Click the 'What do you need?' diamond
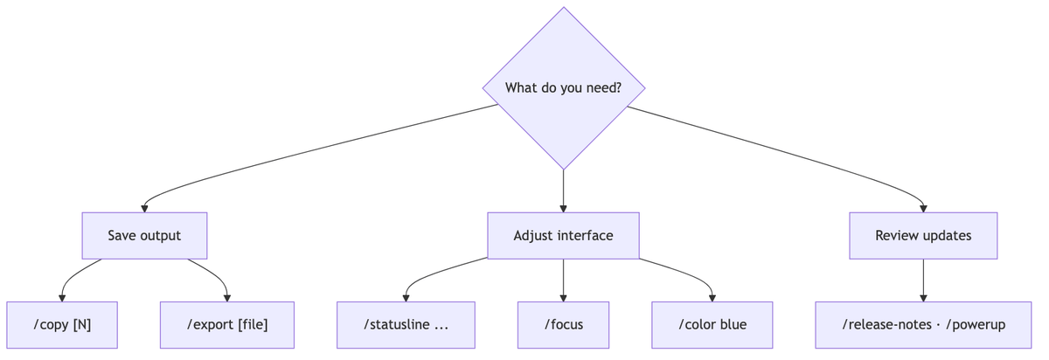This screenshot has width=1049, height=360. point(563,88)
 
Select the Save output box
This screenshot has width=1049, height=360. point(144,235)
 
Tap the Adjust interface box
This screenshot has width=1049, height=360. point(563,235)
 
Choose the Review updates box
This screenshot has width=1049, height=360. point(923,235)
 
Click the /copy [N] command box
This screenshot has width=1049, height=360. point(62,325)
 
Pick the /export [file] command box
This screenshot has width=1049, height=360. point(227,325)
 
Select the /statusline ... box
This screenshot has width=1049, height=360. point(406,325)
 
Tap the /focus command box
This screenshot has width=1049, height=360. point(563,325)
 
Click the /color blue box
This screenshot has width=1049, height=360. point(712,325)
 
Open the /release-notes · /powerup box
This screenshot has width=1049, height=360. point(923,325)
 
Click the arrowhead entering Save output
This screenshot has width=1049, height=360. point(144,209)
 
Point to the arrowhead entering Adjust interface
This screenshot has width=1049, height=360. point(563,209)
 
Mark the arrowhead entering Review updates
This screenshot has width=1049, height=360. point(923,209)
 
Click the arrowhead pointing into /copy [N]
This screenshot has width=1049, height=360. point(62,298)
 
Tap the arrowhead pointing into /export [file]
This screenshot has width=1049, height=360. point(227,298)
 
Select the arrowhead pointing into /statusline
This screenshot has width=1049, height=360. point(406,298)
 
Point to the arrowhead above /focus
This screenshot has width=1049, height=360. point(563,298)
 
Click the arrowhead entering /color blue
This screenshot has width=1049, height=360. point(712,298)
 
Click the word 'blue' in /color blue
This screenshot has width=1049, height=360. point(733,324)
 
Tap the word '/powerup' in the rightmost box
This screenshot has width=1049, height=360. point(976,325)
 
